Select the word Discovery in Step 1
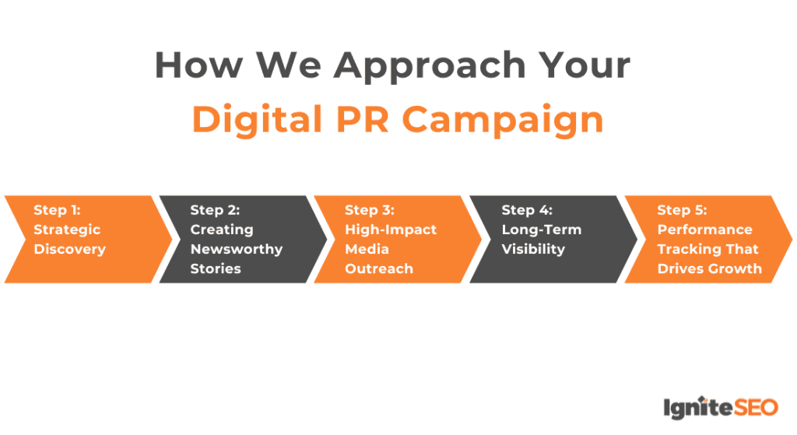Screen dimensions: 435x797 coord(69,249)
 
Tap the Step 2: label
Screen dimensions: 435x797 coord(215,210)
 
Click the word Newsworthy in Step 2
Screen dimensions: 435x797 coord(237,249)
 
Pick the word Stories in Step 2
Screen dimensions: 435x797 coord(216,268)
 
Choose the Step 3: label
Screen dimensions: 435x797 coord(370,210)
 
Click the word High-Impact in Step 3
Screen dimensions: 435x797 coord(391,230)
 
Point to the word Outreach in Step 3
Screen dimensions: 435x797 coord(379,268)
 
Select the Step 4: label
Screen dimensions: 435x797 coord(527,210)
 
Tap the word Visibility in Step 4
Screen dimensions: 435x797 coord(533,249)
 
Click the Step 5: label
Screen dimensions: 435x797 coord(683,210)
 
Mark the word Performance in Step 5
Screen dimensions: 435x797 coord(704,230)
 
